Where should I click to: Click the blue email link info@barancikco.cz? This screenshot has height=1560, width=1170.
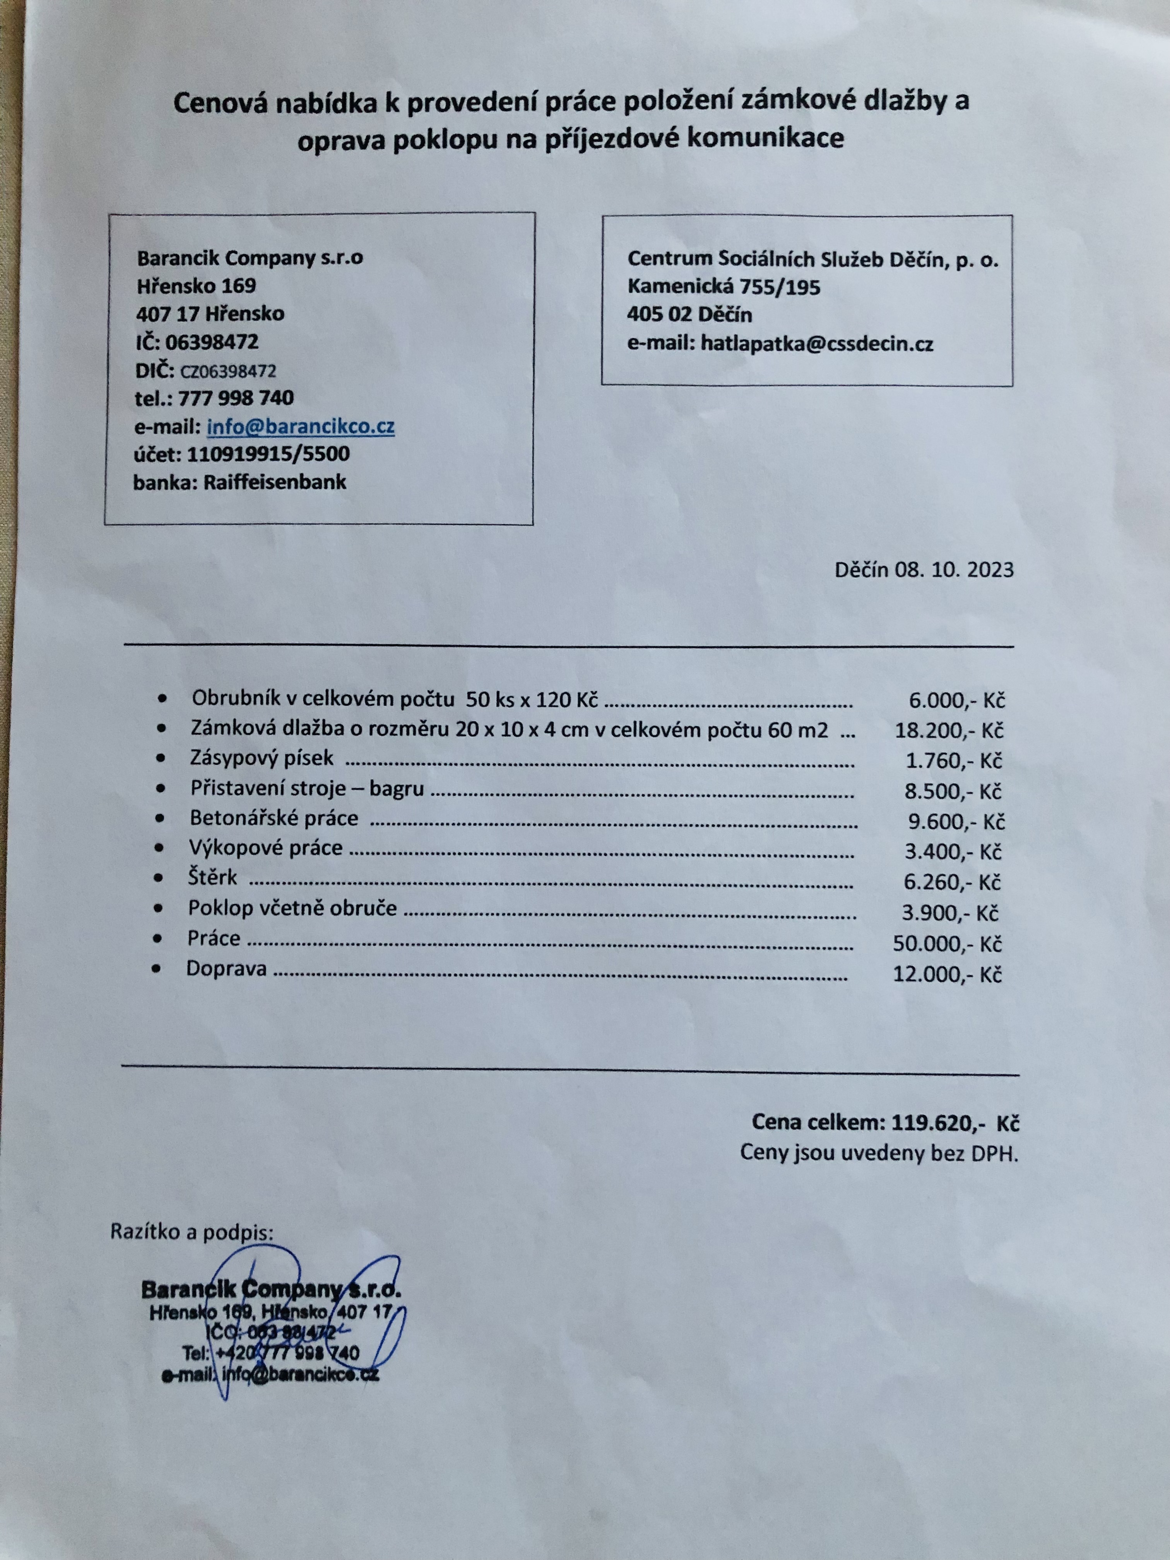coord(301,427)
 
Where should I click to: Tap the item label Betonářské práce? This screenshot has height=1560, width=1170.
coord(274,818)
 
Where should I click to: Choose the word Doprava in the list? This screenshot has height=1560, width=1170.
coord(226,969)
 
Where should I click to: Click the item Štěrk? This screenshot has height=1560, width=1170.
coord(212,878)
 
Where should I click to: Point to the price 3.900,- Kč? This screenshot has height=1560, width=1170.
coord(949,913)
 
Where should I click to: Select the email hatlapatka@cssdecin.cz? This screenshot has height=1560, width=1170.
coord(817,344)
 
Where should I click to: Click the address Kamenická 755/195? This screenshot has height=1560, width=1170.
coord(724,287)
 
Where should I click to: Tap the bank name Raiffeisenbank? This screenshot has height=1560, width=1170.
coord(274,482)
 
